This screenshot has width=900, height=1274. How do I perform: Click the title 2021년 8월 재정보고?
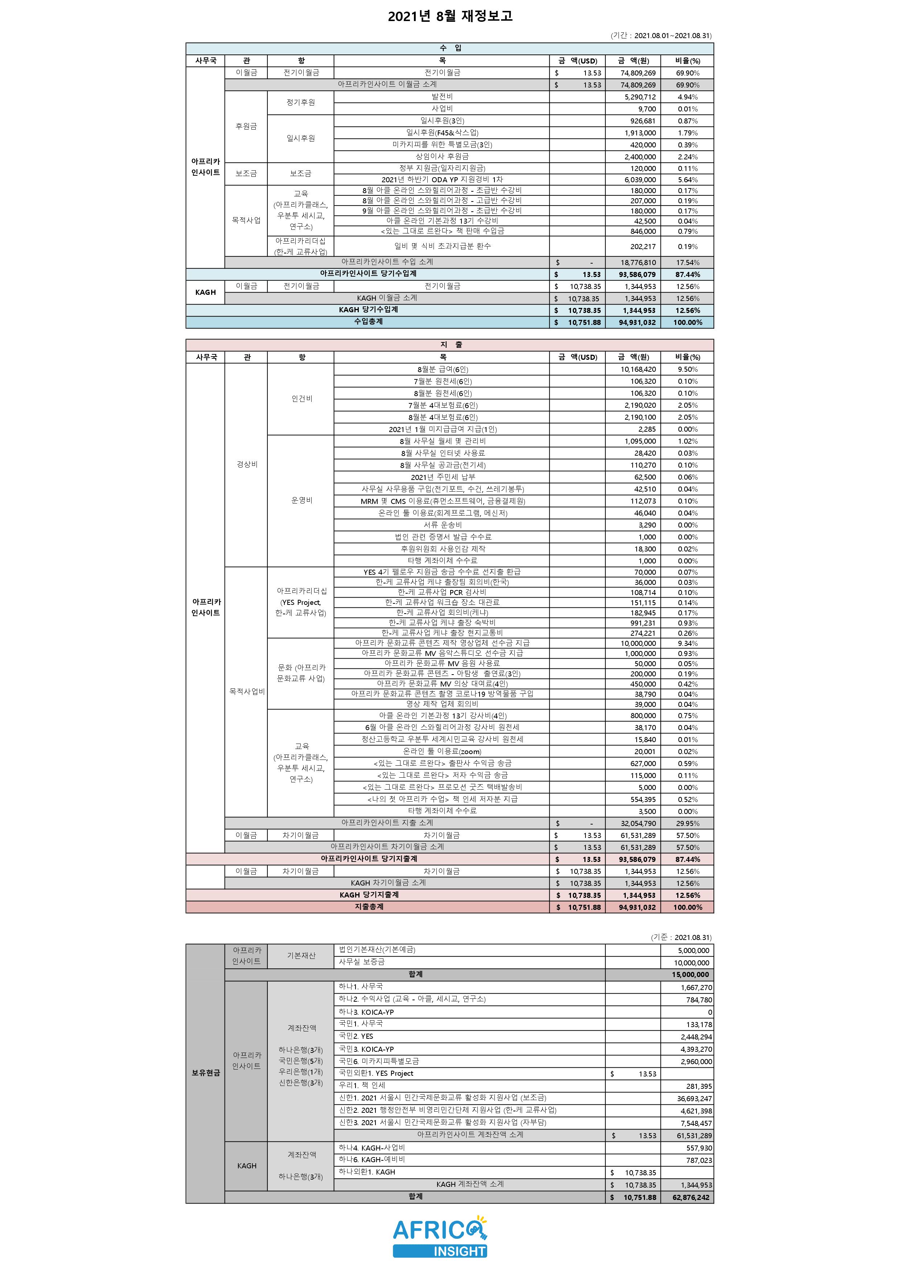(x=450, y=16)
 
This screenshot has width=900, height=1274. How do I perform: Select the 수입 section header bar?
(x=450, y=48)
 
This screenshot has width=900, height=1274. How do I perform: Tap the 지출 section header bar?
(x=450, y=345)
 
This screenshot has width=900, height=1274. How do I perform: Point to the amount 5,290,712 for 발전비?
(x=640, y=97)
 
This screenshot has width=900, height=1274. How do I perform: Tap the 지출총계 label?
(x=369, y=907)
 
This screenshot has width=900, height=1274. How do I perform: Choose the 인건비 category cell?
(x=302, y=399)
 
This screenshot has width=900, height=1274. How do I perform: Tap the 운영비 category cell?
(x=302, y=501)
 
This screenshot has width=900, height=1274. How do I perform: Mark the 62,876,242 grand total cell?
(x=690, y=1197)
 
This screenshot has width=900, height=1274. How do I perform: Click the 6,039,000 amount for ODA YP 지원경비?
(x=640, y=180)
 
